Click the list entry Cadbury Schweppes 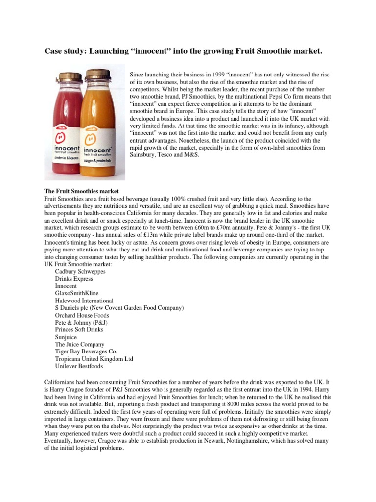pyautogui.click(x=80, y=271)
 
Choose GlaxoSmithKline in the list pyautogui.click(x=78, y=293)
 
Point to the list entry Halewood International pyautogui.click(x=84, y=301)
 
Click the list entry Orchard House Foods pyautogui.click(x=82, y=315)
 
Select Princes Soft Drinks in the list pyautogui.click(x=80, y=330)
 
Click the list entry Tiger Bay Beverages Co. pyautogui.click(x=86, y=352)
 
